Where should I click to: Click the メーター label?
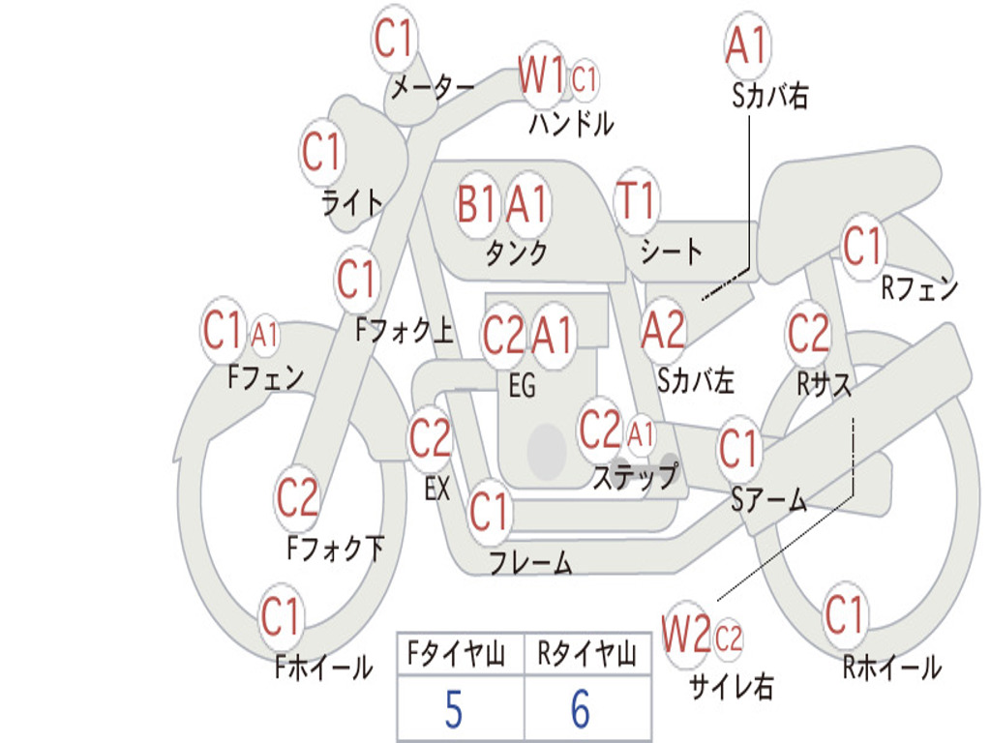433,88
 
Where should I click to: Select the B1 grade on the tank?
476,204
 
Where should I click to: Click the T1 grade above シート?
636,199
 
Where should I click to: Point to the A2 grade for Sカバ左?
663,330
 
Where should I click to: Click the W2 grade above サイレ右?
686,634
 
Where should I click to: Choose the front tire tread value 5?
454,709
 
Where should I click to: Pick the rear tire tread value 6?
581,709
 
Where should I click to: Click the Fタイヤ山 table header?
456,654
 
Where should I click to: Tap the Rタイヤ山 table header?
586,654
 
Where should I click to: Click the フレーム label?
531,562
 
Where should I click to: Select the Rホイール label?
892,668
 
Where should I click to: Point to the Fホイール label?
323,668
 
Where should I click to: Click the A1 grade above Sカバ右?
748,45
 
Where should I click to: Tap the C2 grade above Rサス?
808,333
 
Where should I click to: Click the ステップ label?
635,476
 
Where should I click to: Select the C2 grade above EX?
430,437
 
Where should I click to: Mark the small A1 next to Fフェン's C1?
265,334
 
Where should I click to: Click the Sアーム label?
769,500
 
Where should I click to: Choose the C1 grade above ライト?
321,152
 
